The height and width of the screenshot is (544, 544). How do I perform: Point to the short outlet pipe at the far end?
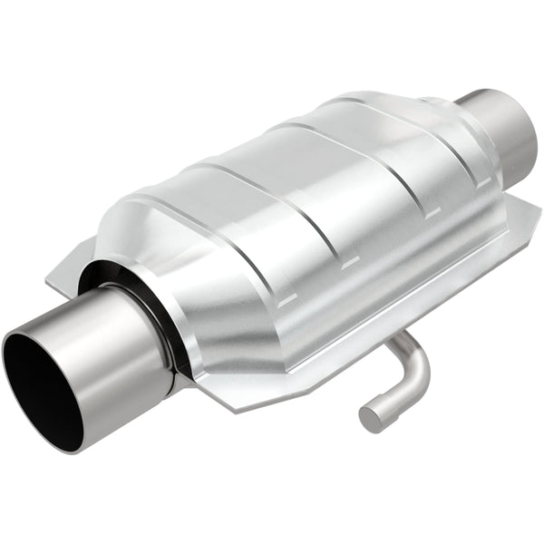[503, 131]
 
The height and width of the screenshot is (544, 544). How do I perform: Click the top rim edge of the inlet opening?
[36, 331]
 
